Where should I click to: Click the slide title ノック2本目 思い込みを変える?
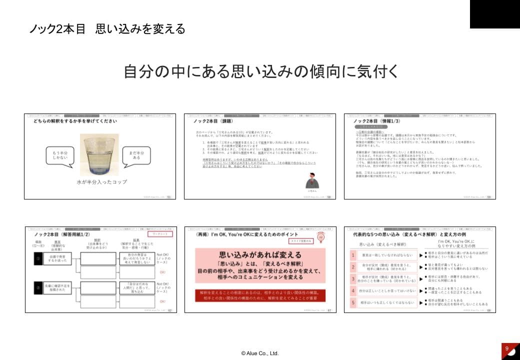point(107,29)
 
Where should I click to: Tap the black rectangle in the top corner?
point(494,14)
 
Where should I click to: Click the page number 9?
point(507,348)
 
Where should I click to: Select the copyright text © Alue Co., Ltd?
point(259,353)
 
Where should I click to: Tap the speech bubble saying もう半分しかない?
point(60,155)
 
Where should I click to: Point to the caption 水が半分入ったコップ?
point(101,181)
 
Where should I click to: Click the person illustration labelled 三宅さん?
point(312,180)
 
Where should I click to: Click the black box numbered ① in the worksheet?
point(37,259)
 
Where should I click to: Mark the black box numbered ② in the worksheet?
point(37,287)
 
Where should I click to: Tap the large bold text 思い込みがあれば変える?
point(260,254)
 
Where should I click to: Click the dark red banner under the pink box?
point(260,295)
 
